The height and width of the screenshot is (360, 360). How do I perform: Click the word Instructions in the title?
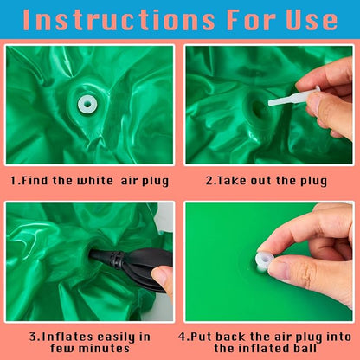[x=119, y=20]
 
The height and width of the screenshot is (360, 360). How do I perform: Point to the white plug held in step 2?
[x=292, y=97]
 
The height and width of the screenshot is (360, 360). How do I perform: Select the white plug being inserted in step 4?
[x=264, y=260]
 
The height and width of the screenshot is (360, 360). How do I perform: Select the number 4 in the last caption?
[x=182, y=337]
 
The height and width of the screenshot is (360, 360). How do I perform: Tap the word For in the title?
[x=251, y=20]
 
